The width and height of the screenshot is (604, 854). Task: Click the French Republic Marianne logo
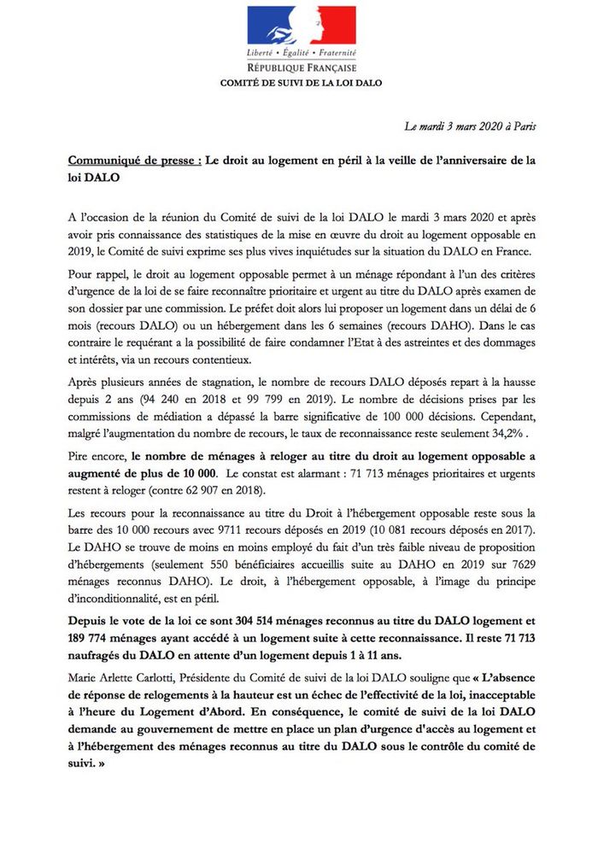pyautogui.click(x=302, y=26)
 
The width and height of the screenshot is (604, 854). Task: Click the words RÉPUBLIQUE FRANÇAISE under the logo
pyautogui.click(x=302, y=67)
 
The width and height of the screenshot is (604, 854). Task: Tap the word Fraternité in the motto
pyautogui.click(x=336, y=53)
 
